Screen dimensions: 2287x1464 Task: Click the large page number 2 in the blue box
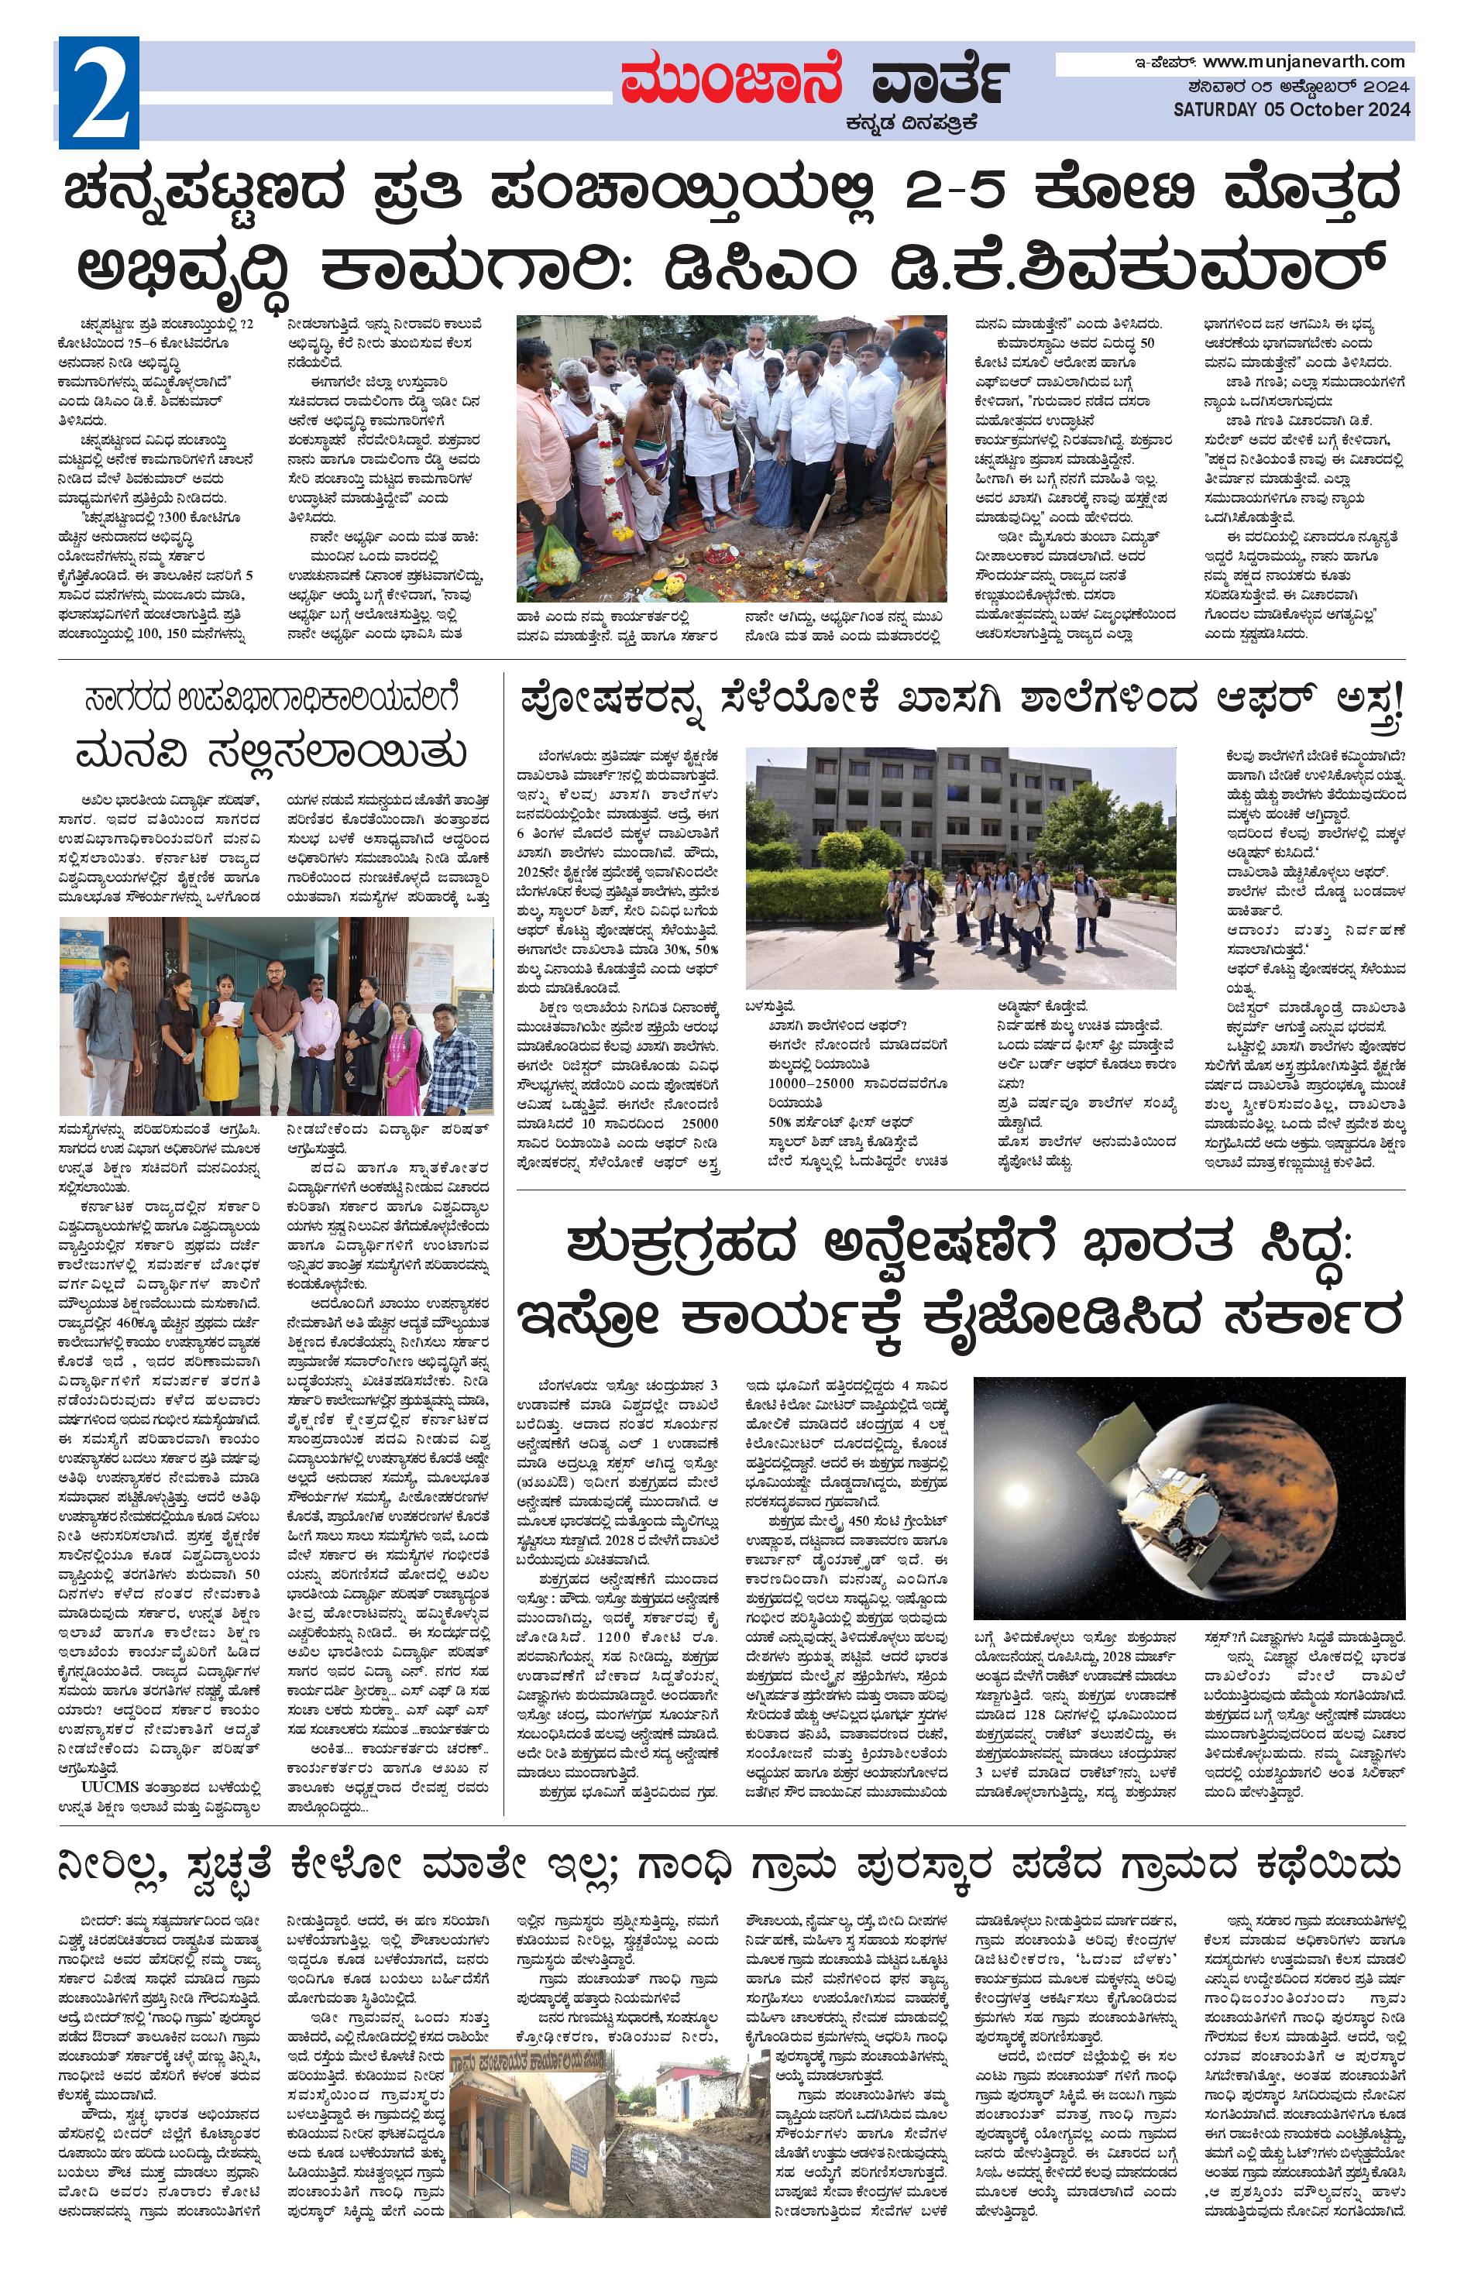coord(98,92)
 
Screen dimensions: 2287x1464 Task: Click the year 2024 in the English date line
coord(1383,109)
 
